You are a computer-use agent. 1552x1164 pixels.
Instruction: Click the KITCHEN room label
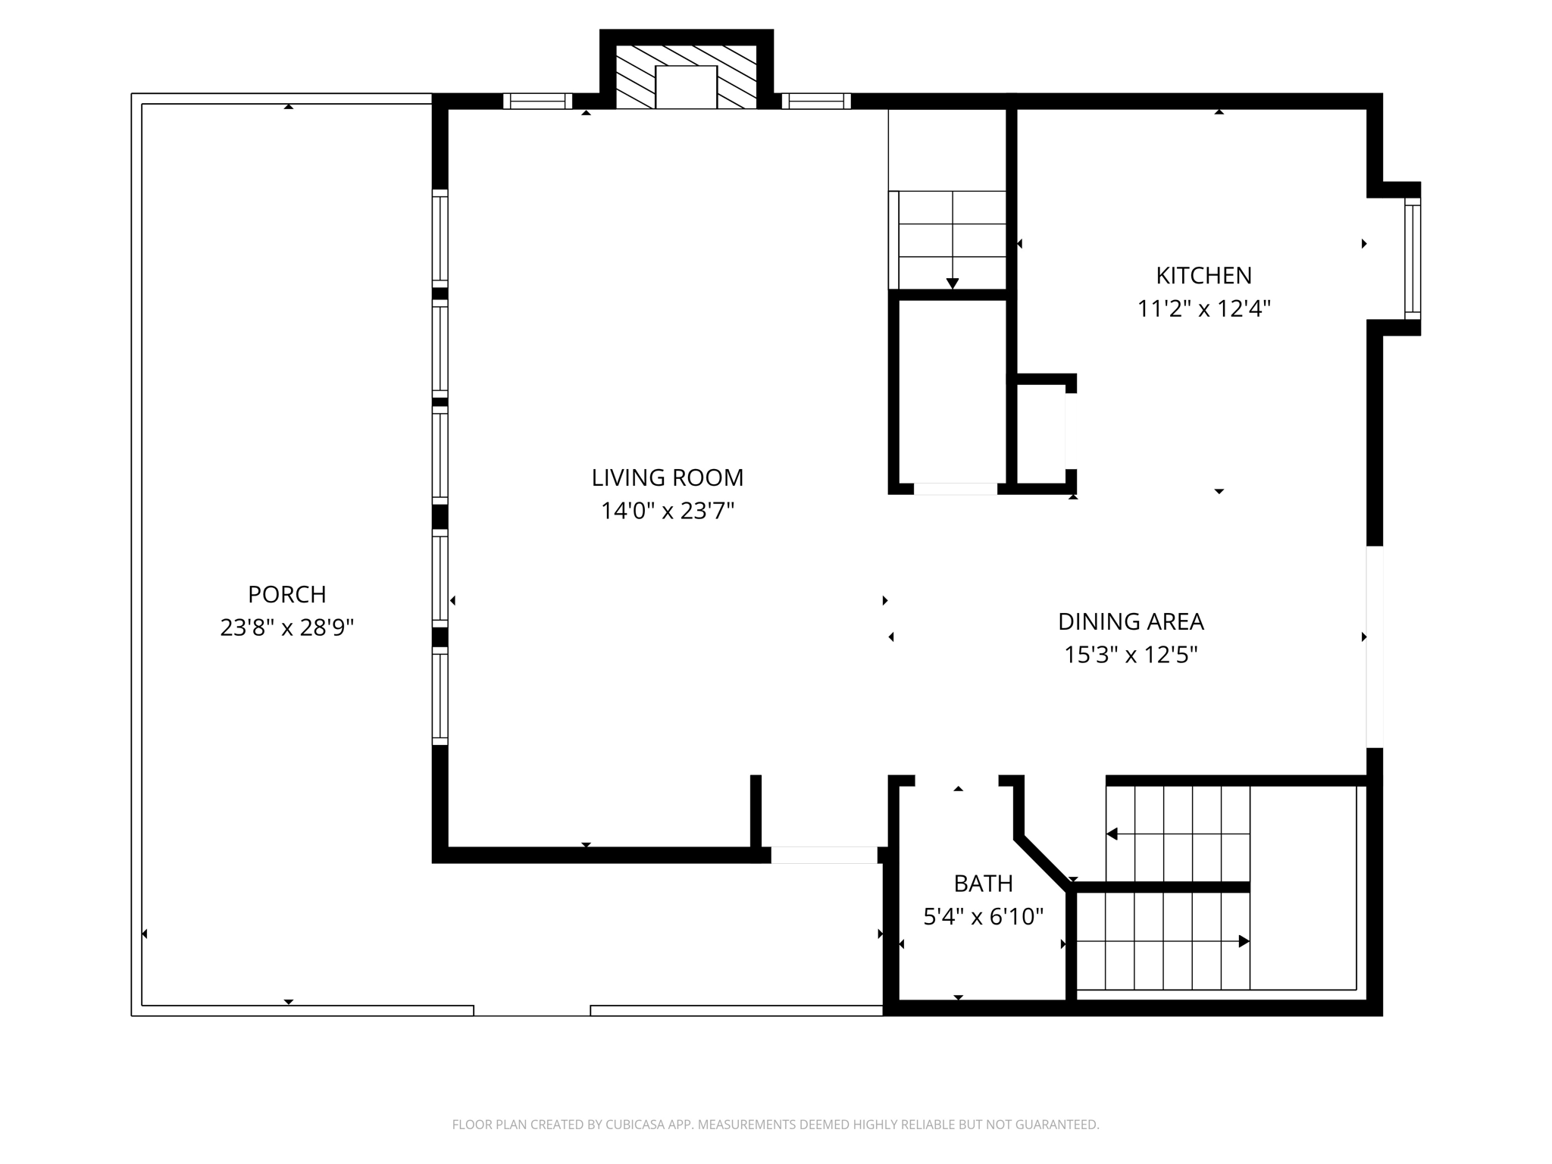tap(1203, 275)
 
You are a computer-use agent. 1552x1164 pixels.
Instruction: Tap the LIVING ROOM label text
tap(667, 477)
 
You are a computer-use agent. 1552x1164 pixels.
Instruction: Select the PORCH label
tap(286, 594)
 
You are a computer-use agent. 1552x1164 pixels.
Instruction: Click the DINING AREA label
tap(1131, 621)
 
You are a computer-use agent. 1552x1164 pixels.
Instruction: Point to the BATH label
tap(983, 884)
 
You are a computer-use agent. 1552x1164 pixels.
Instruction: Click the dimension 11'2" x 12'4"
tap(1203, 309)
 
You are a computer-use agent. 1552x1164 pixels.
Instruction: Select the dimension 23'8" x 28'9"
tap(286, 627)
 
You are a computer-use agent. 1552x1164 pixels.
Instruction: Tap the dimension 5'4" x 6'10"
tap(983, 917)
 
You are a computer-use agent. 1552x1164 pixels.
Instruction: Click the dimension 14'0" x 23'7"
tap(667, 512)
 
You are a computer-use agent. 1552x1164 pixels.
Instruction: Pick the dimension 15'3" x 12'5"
tap(1131, 655)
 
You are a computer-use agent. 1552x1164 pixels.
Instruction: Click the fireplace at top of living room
tap(686, 76)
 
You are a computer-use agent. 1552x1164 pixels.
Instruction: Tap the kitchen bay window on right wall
tap(1412, 258)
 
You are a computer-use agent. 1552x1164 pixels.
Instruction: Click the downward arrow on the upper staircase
tap(953, 283)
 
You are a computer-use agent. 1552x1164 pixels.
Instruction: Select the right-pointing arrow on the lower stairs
tap(1243, 941)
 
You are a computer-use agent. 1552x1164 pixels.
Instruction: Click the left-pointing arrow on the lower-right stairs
tap(1112, 834)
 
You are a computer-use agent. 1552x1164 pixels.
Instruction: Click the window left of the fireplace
tap(537, 101)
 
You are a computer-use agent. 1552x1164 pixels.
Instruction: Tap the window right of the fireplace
tap(815, 101)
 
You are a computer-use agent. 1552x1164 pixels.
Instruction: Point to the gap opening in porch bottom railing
tap(531, 1010)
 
